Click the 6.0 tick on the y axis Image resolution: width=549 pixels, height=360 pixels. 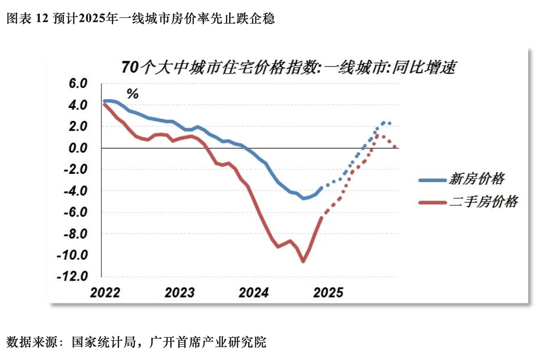click(78, 84)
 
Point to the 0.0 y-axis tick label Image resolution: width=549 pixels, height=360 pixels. click(78, 148)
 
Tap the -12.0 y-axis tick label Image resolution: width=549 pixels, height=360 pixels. click(73, 276)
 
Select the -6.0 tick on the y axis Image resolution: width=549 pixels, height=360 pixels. click(75, 212)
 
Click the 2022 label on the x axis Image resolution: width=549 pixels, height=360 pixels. click(105, 292)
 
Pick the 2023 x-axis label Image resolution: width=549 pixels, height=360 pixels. click(179, 292)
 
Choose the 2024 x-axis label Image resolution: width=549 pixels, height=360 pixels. click(254, 292)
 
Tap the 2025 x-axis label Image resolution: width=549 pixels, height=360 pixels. click(328, 292)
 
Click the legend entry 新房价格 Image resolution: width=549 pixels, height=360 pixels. click(477, 179)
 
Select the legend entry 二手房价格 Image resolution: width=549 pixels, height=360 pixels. click(484, 202)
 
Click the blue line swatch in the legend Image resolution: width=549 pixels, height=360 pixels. click(433, 180)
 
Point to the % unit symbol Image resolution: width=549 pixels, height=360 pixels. click(133, 94)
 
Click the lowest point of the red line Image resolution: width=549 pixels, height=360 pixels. click(303, 261)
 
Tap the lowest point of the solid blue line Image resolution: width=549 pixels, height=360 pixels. click(303, 198)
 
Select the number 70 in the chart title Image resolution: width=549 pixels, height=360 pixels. click(130, 67)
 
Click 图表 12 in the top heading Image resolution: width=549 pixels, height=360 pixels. click(27, 19)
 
